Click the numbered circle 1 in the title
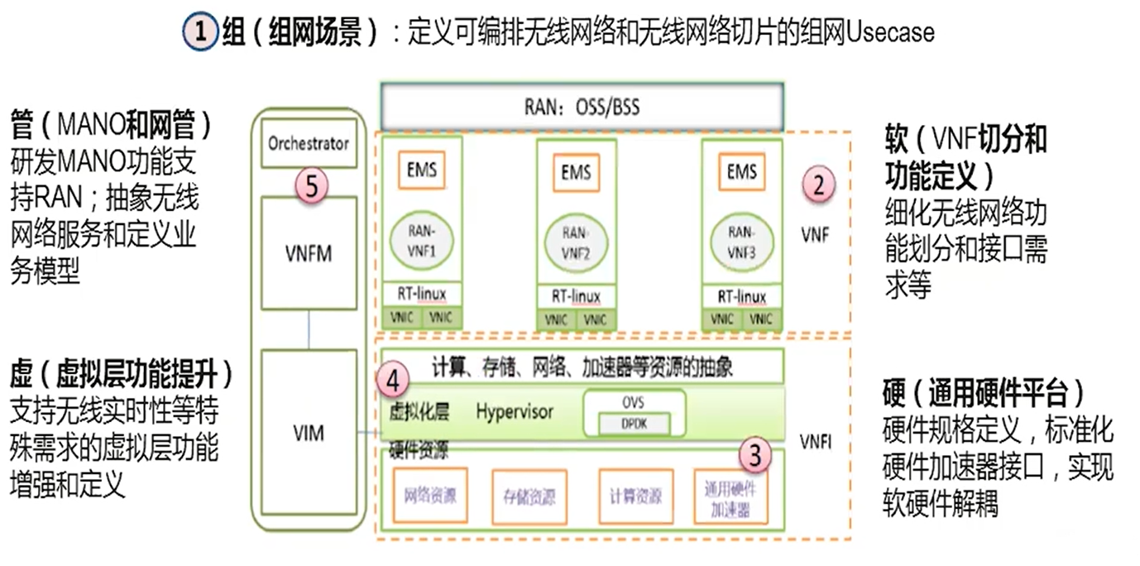(200, 33)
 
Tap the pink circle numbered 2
(817, 185)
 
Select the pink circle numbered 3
(754, 453)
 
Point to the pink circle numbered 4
(392, 381)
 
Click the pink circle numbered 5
(311, 185)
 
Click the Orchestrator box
(309, 144)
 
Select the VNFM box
(309, 253)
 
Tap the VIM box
(309, 432)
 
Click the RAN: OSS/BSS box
(582, 106)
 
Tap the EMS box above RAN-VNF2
(576, 173)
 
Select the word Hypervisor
(515, 410)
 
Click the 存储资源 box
(529, 496)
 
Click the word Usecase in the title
(889, 33)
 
